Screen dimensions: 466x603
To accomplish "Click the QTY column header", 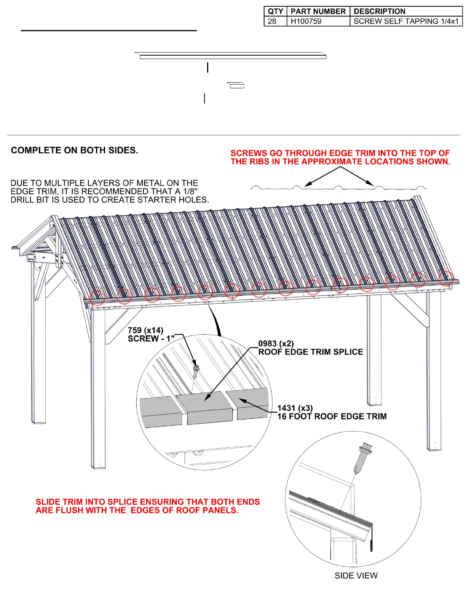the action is [275, 11].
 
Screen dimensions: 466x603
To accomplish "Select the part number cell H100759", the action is [306, 21].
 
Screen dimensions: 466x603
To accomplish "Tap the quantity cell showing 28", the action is [272, 21].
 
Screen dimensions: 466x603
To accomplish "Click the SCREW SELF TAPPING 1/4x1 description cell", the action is [406, 21].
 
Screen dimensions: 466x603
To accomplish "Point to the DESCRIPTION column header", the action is [379, 11].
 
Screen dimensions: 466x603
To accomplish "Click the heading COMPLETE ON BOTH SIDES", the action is [74, 150].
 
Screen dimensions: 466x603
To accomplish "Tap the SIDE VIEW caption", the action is [356, 576].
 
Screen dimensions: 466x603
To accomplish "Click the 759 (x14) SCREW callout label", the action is [146, 335].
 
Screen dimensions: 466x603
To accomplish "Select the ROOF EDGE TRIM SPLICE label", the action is [310, 352].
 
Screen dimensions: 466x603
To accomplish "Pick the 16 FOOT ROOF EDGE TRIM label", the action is [332, 416].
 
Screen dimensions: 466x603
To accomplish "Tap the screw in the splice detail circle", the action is [196, 371].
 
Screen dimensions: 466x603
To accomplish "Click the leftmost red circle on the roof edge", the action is [97, 298].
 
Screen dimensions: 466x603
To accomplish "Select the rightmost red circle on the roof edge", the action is [446, 278].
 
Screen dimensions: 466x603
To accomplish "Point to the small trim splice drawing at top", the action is [236, 85].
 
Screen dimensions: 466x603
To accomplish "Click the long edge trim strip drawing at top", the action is [231, 56].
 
